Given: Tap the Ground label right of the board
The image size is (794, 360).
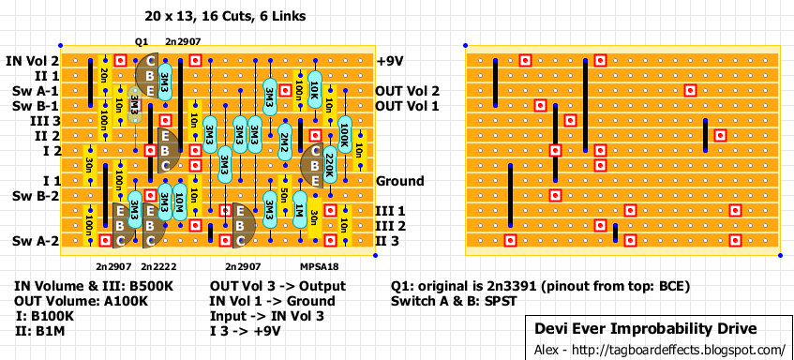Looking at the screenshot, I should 399,181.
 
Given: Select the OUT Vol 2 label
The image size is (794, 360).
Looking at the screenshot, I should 407,91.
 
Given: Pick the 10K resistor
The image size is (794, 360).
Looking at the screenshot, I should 314,91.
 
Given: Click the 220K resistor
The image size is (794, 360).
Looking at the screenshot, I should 329,166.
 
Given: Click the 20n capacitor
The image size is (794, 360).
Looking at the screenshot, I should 104,76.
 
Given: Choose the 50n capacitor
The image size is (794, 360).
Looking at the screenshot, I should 284,196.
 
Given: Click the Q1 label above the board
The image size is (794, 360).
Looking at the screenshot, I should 142,42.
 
